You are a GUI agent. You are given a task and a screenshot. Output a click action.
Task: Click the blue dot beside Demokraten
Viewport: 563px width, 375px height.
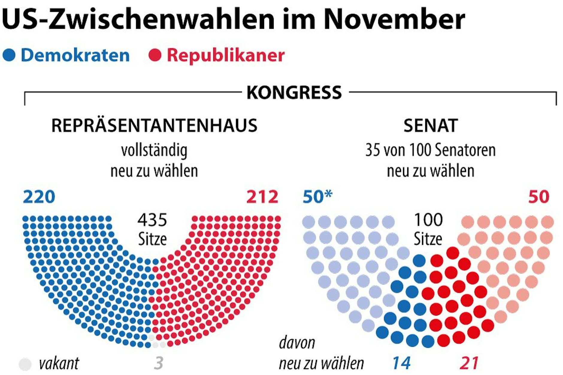pos(9,55)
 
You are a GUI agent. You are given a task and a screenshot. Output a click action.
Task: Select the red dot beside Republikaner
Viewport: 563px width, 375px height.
pos(155,55)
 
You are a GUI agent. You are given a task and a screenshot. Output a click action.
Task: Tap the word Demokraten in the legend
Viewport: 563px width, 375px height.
pos(75,55)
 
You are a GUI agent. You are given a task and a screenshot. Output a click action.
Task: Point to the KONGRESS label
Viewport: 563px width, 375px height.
pos(294,92)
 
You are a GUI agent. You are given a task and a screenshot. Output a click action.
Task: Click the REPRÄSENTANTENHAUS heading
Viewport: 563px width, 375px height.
pos(154,125)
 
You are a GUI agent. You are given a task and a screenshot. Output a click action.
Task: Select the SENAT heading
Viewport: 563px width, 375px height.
pos(430,125)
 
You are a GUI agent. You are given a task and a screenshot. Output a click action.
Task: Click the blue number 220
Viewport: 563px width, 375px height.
pos(39,197)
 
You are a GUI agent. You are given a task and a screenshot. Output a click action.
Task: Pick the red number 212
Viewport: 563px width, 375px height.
pos(262,197)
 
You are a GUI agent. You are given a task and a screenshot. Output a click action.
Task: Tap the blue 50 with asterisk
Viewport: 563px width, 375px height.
pos(317,197)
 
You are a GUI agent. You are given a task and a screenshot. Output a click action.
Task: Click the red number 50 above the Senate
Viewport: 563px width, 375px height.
pos(538,197)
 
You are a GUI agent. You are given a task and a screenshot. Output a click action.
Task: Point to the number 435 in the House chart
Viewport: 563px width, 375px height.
pos(152,220)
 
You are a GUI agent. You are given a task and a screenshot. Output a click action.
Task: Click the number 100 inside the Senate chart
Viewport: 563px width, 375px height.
pos(428,220)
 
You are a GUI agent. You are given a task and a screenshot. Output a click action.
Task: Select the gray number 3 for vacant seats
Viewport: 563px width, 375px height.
pos(158,363)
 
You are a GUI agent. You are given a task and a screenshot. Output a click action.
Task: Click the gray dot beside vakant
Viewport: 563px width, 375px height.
pos(25,364)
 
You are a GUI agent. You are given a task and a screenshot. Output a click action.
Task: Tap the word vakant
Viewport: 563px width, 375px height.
pos(59,363)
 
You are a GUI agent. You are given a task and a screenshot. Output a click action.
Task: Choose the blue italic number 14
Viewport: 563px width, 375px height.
pos(401,363)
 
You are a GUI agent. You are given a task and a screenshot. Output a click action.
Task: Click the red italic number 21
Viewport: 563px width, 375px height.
pos(469,363)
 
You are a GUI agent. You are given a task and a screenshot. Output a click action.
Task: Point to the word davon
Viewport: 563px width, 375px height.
pos(297,343)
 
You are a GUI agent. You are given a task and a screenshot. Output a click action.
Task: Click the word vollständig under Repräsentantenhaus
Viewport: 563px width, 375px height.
pos(154,150)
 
